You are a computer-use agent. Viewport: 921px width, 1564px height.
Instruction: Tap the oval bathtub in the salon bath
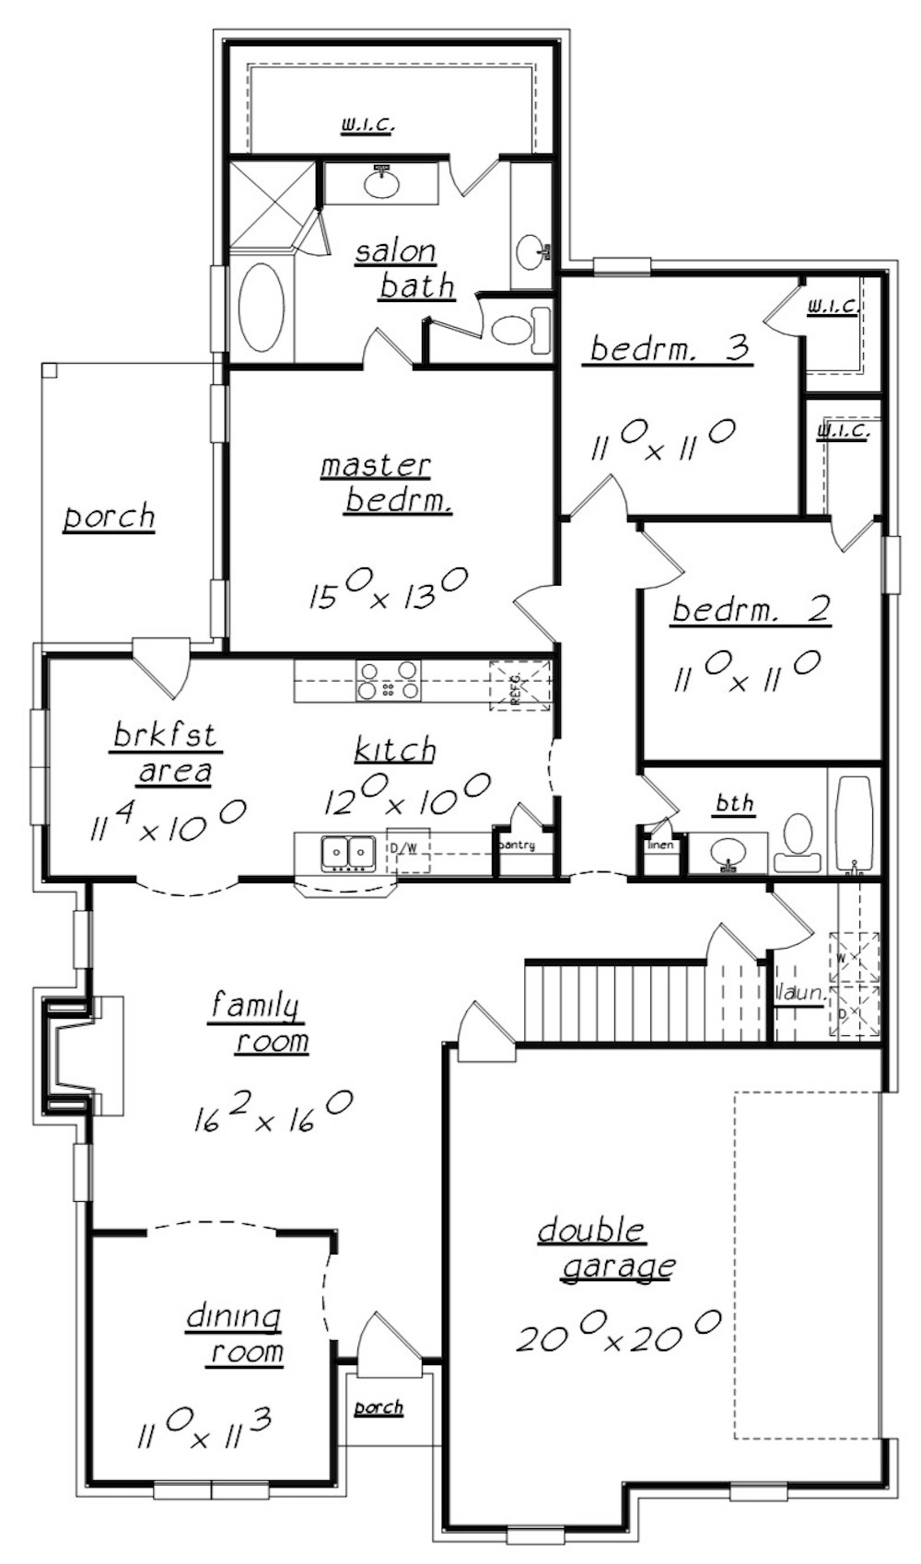pyautogui.click(x=262, y=309)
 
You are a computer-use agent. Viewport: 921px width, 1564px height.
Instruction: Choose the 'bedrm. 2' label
pyautogui.click(x=751, y=609)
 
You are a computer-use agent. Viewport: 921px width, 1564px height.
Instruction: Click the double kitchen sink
pyautogui.click(x=347, y=853)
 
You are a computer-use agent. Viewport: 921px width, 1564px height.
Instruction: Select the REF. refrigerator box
pyautogui.click(x=519, y=685)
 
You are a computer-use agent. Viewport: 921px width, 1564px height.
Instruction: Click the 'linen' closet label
pyautogui.click(x=660, y=845)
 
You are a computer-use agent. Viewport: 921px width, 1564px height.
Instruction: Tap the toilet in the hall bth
pyautogui.click(x=795, y=843)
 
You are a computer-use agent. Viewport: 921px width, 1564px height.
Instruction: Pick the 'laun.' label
pyautogui.click(x=798, y=995)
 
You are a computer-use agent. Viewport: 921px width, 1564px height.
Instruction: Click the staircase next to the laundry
pyautogui.click(x=615, y=1001)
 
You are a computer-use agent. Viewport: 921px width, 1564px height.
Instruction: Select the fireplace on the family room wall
pyautogui.click(x=83, y=1056)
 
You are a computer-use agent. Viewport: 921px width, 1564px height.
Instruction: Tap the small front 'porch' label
pyautogui.click(x=379, y=1407)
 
